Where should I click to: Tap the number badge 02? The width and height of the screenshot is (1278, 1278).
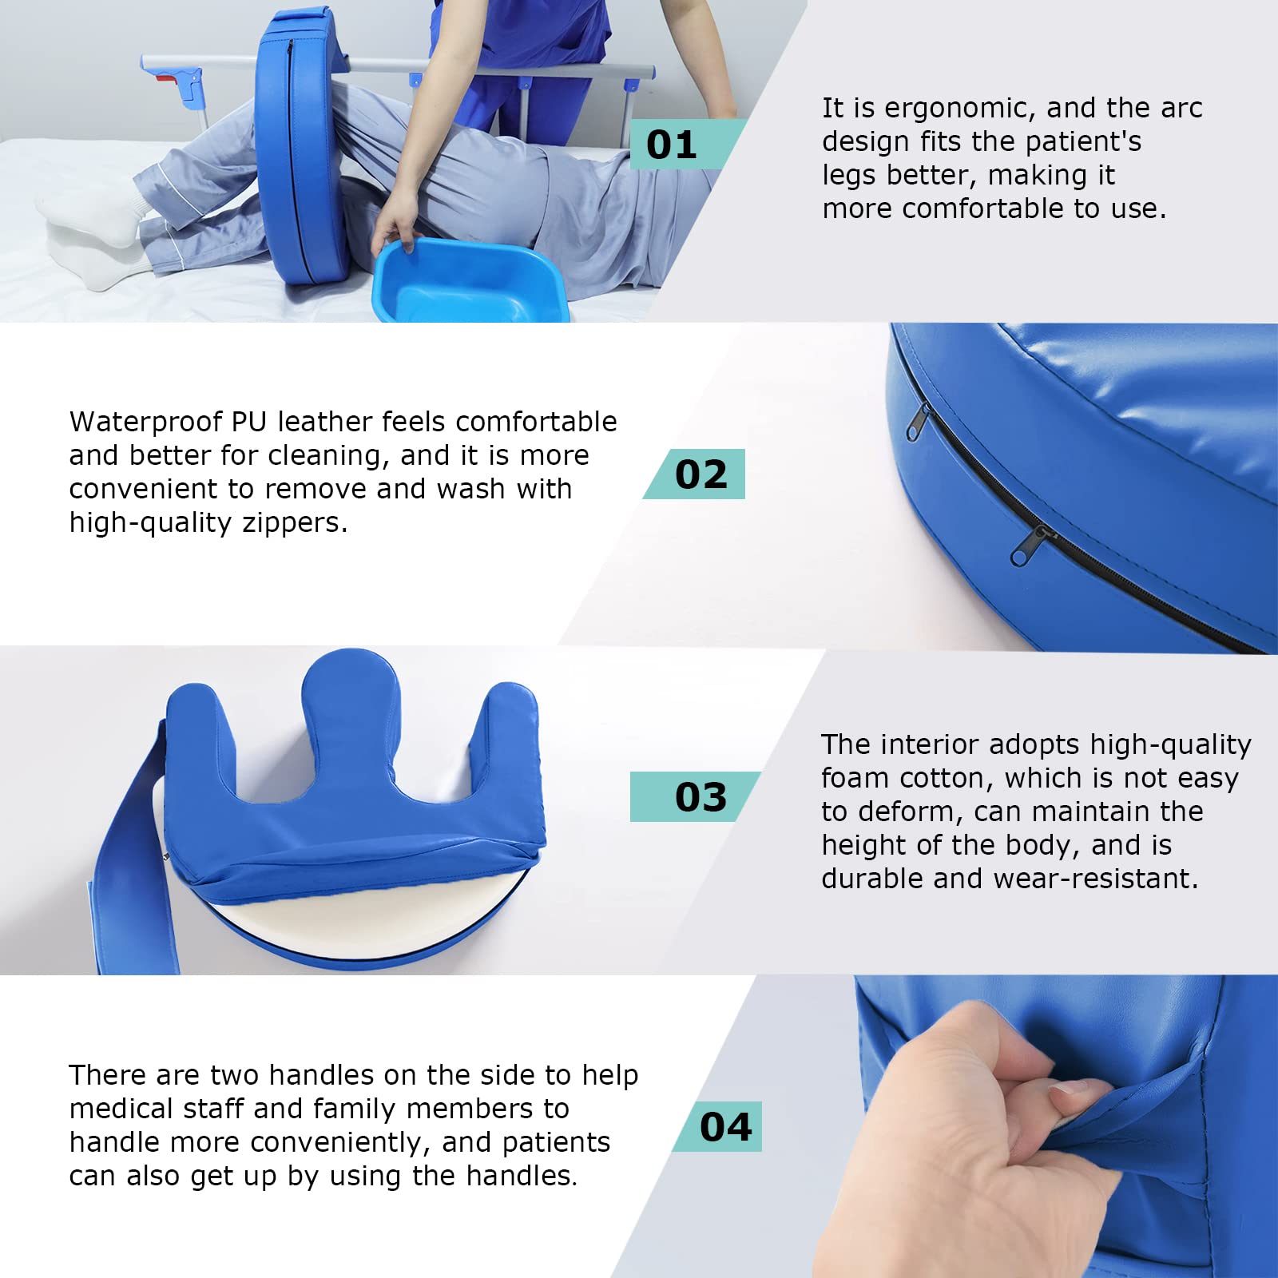point(695,474)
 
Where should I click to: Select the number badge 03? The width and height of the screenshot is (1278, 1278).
point(696,796)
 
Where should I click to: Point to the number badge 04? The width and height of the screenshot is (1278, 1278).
point(718,1126)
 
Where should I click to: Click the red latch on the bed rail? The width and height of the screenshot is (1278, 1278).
point(165,77)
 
